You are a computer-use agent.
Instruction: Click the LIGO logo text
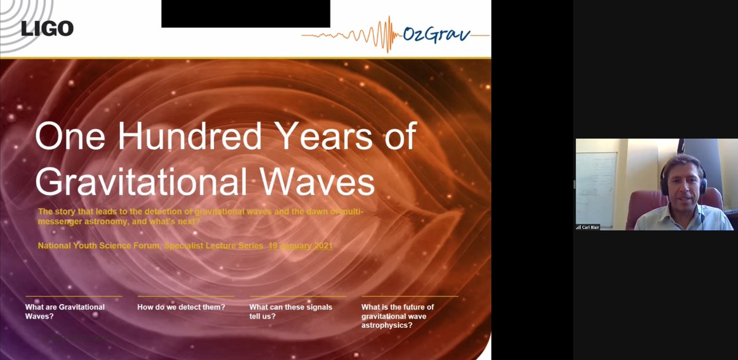[x=47, y=28]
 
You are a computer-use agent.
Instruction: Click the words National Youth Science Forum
[x=99, y=246]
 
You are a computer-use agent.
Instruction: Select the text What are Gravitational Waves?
[x=65, y=311]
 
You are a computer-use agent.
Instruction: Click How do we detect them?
[x=181, y=307]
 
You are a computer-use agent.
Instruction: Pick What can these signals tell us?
[x=290, y=311]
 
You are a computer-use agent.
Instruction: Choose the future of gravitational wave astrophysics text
[x=397, y=316]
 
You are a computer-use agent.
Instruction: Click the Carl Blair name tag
[x=588, y=227]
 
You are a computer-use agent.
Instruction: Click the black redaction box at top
[x=245, y=14]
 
